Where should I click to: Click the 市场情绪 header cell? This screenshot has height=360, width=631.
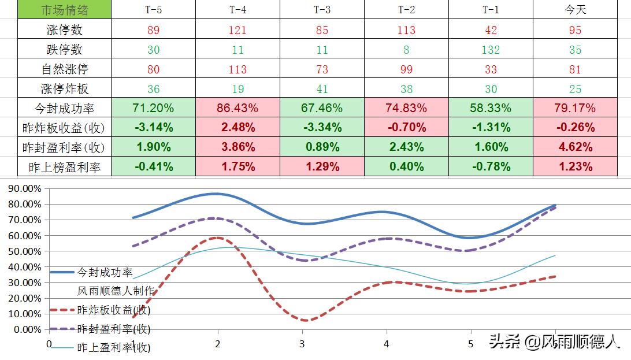pyautogui.click(x=64, y=10)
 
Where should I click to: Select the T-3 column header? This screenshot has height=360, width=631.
pyautogui.click(x=322, y=10)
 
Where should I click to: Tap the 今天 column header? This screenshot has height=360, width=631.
pyautogui.click(x=575, y=10)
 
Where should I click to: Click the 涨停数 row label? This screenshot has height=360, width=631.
pyautogui.click(x=64, y=30)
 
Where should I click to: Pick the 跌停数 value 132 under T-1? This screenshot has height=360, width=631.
pyautogui.click(x=491, y=50)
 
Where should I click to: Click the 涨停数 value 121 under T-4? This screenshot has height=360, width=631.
pyautogui.click(x=238, y=30)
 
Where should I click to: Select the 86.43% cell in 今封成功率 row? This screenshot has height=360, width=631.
pyautogui.click(x=238, y=107)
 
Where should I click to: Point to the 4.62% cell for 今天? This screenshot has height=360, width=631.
pyautogui.click(x=575, y=147)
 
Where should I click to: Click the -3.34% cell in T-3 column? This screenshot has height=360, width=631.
pyautogui.click(x=322, y=127)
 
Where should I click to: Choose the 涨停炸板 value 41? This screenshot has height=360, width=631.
pyautogui.click(x=322, y=89)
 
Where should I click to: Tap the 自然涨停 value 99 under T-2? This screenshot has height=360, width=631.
pyautogui.click(x=406, y=69)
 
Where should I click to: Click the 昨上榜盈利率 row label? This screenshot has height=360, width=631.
pyautogui.click(x=64, y=167)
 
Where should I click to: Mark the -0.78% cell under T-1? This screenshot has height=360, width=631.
pyautogui.click(x=491, y=167)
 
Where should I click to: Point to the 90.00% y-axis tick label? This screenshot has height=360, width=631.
pyautogui.click(x=23, y=188)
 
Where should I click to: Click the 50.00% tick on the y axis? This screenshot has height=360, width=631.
pyautogui.click(x=23, y=251)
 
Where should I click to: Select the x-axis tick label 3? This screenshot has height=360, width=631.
pyautogui.click(x=302, y=344)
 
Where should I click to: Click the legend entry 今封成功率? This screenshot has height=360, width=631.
pyautogui.click(x=105, y=272)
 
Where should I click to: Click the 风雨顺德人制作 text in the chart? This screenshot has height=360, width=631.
pyautogui.click(x=116, y=291)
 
